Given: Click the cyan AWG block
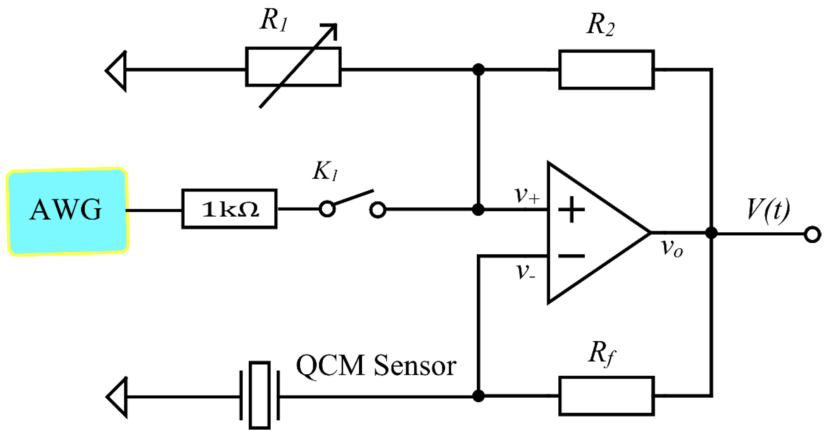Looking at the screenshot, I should [67, 211].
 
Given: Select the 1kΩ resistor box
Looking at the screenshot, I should [229, 209].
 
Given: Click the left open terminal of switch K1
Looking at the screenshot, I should [327, 209].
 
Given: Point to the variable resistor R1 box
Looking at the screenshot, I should [293, 67].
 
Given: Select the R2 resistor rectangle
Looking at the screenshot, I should [607, 69].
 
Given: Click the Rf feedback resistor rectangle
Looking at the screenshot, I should [607, 396].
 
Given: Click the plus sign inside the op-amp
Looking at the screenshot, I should [571, 210].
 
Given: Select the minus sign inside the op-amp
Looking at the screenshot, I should [571, 256].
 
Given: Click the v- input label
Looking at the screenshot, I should [525, 272].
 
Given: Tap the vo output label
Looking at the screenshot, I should [672, 248].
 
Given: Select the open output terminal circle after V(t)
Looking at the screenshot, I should [813, 234].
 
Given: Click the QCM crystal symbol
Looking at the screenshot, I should [259, 395].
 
